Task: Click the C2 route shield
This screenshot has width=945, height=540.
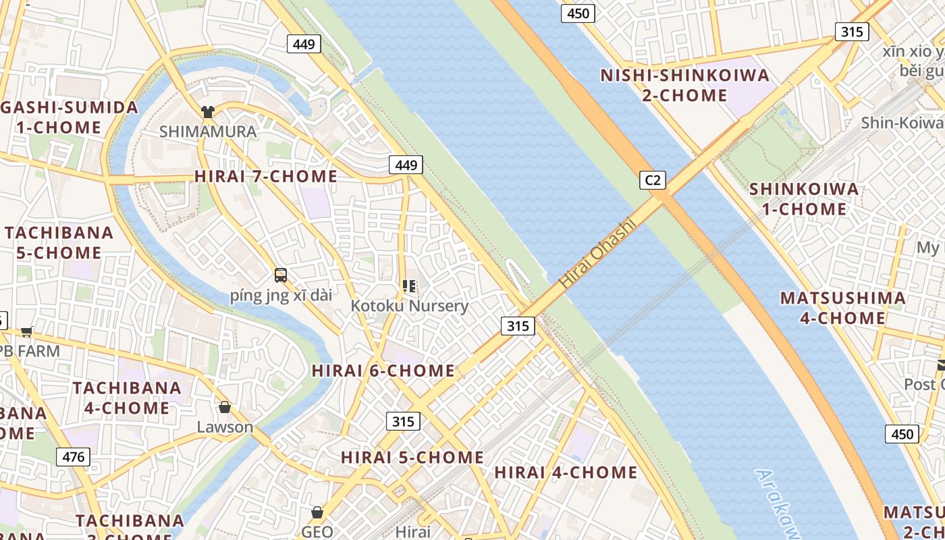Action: [653, 180]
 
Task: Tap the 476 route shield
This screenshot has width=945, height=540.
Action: [73, 457]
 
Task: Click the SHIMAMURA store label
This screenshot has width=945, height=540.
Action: [208, 132]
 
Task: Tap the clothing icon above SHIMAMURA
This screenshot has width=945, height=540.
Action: [207, 112]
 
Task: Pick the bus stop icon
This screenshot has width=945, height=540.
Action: [281, 275]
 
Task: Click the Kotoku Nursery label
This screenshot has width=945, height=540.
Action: [409, 306]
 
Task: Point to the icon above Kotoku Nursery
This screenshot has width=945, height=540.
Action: [408, 286]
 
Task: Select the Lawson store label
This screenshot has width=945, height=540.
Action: [225, 427]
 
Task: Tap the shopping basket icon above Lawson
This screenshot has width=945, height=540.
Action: [225, 407]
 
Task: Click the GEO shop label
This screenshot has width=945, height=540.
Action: [317, 531]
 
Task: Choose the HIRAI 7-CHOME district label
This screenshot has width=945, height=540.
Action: [266, 176]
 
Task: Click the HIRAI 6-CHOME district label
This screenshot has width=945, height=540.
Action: [383, 371]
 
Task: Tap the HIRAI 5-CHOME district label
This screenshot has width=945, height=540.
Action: [412, 457]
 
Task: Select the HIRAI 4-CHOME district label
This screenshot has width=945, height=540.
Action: [566, 472]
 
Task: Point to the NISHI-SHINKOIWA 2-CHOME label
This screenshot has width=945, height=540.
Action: [684, 85]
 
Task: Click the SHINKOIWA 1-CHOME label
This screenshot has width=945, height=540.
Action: [804, 198]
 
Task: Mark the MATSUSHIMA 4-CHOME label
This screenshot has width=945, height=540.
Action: [842, 308]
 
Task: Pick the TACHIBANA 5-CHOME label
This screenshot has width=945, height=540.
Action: [59, 242]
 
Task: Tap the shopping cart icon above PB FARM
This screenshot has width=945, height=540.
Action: [27, 331]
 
